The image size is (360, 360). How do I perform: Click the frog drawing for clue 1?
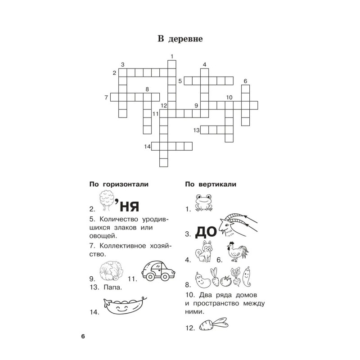tap(204, 202)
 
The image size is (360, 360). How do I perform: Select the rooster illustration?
tap(238, 252)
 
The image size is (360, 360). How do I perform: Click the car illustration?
tap(158, 271)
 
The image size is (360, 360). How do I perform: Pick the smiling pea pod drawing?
tap(125, 306)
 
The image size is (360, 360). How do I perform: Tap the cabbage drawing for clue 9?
tap(111, 271)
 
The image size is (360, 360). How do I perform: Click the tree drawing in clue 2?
tap(107, 200)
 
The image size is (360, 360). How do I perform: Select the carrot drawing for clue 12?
tap(213, 324)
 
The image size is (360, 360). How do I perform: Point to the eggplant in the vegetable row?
tap(203, 279)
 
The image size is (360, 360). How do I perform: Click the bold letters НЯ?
tap(130, 207)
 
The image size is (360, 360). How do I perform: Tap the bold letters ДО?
tap(206, 232)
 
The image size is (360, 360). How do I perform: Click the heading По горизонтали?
tap(119, 184)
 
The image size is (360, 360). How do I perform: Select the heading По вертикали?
tap(211, 184)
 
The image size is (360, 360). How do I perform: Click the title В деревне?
tap(180, 39)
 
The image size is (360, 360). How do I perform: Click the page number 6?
tap(83, 336)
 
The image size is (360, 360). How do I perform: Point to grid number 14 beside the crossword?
tap(147, 147)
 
